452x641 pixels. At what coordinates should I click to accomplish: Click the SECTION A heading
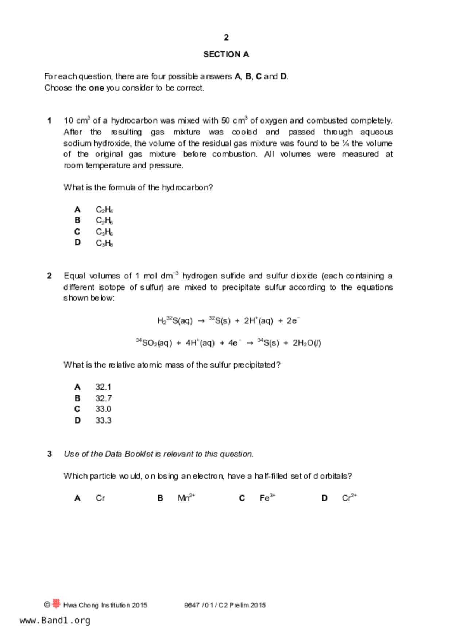coord(226,54)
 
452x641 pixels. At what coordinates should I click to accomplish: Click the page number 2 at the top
coord(226,37)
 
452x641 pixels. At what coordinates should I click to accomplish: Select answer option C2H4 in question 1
coord(104,210)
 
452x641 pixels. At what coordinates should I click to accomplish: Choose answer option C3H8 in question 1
coord(104,243)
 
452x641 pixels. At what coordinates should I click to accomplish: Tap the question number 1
coord(49,121)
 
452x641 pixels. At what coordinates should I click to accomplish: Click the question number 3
coord(49,454)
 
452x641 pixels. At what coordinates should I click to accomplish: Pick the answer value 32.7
coord(104,398)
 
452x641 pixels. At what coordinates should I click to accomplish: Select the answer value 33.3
coord(104,421)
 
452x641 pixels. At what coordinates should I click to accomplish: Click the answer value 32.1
coord(104,387)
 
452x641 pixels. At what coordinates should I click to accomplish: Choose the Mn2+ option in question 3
coord(186,498)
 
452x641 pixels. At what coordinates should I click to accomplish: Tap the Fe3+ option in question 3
coord(267,498)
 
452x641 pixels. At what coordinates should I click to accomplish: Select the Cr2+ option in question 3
coord(349,498)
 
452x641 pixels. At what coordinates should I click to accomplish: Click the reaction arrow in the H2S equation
coord(201,321)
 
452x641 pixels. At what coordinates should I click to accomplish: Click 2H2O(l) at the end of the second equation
coord(306,343)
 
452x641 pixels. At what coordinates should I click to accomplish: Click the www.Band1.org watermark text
coord(55,621)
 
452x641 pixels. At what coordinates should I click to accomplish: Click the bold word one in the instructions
coord(96,88)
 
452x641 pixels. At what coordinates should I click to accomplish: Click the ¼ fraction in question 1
coord(345,143)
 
